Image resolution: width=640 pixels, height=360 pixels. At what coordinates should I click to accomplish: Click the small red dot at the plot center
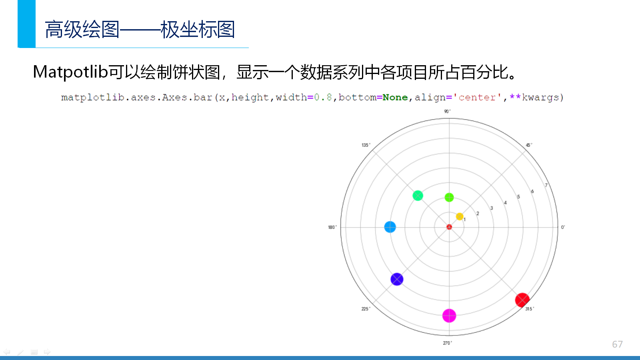pyautogui.click(x=449, y=227)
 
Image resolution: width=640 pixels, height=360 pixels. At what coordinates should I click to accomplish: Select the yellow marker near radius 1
pyautogui.click(x=460, y=216)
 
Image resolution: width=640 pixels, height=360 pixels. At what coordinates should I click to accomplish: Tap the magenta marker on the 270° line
pyautogui.click(x=449, y=316)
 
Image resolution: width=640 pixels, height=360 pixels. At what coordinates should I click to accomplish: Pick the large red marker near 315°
pyautogui.click(x=522, y=300)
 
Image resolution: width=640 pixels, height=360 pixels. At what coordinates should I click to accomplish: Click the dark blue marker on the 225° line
pyautogui.click(x=397, y=279)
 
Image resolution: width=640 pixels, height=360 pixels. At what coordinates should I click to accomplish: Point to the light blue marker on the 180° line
pyautogui.click(x=390, y=227)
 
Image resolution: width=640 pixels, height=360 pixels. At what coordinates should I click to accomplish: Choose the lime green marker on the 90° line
pyautogui.click(x=449, y=197)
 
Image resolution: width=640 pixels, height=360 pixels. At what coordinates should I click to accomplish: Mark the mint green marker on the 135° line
pyautogui.click(x=418, y=196)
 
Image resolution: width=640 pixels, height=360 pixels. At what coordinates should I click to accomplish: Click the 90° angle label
pyautogui.click(x=448, y=112)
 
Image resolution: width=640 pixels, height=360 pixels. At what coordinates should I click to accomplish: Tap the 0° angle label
pyautogui.click(x=563, y=227)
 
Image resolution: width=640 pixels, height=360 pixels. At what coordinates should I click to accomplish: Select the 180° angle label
pyautogui.click(x=332, y=227)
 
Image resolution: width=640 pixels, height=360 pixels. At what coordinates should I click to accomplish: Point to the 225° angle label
pyautogui.click(x=366, y=308)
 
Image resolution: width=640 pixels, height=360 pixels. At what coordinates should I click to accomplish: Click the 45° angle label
pyautogui.click(x=529, y=145)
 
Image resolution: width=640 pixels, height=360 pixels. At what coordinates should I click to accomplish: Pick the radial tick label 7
pyautogui.click(x=546, y=185)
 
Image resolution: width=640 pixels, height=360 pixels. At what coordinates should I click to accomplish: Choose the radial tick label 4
pyautogui.click(x=506, y=202)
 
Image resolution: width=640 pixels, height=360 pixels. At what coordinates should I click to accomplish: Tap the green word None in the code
pyautogui.click(x=395, y=98)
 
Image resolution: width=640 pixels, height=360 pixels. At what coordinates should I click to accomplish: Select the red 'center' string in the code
pyautogui.click(x=477, y=98)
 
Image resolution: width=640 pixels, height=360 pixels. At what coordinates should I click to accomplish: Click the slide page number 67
pyautogui.click(x=618, y=344)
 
